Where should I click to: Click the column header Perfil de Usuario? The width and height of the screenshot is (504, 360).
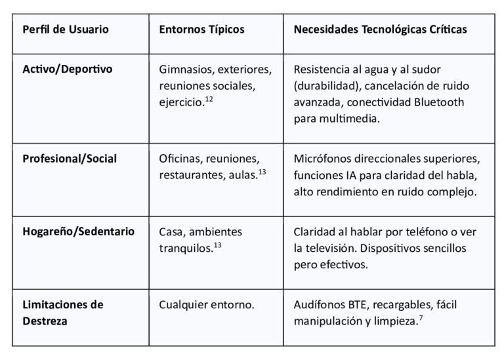[66, 30]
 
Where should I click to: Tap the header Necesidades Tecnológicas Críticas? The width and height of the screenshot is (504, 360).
[381, 30]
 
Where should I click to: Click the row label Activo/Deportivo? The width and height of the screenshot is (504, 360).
[68, 69]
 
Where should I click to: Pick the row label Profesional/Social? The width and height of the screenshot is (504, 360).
[70, 159]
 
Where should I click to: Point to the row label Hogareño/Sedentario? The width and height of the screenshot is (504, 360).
[79, 231]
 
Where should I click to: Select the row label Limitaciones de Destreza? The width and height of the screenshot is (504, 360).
[63, 313]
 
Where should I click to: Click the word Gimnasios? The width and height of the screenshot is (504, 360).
[184, 69]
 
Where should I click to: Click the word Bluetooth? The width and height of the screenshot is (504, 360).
[441, 102]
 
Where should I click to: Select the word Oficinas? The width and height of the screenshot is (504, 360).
[180, 159]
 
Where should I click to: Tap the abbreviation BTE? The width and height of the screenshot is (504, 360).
[352, 305]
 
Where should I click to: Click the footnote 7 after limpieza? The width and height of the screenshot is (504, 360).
[419, 319]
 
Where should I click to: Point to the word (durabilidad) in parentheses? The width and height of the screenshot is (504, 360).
[325, 86]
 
